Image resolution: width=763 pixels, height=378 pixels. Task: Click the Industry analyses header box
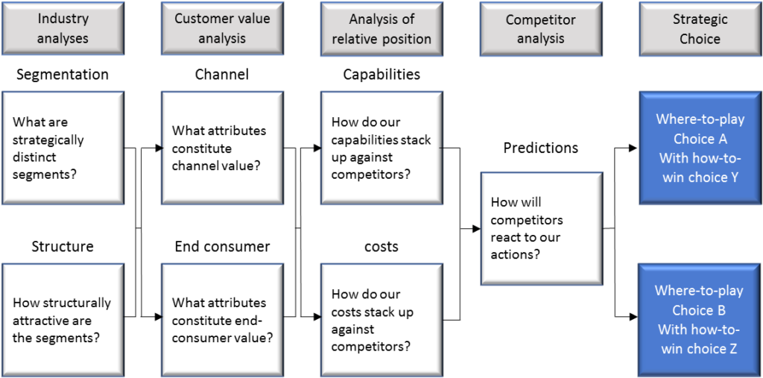click(x=63, y=28)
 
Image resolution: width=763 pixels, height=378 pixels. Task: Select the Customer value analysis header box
click(x=222, y=28)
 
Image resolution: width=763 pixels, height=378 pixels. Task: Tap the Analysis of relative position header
click(x=381, y=28)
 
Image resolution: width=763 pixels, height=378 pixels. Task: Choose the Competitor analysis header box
click(x=541, y=28)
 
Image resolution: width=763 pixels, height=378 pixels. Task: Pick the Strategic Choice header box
click(x=700, y=28)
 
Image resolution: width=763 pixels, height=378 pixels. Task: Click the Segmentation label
click(x=63, y=75)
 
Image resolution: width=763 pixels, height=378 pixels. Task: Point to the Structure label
click(x=63, y=247)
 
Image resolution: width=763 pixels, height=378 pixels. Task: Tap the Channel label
click(x=222, y=75)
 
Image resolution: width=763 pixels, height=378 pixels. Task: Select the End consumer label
click(x=222, y=247)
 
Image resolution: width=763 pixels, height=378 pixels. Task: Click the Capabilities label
click(x=381, y=75)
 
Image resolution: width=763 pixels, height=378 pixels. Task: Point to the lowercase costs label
click(x=381, y=247)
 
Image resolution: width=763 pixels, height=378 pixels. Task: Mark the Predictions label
click(x=541, y=148)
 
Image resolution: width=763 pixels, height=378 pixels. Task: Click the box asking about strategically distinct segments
click(x=63, y=148)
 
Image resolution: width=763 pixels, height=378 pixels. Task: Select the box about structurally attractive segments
click(x=63, y=320)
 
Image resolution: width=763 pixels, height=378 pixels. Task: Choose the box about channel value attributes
click(x=222, y=148)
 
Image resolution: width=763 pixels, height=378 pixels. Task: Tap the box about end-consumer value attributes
click(x=222, y=320)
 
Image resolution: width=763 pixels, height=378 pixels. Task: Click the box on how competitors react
click(x=541, y=228)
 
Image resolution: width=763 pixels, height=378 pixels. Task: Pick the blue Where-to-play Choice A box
click(x=700, y=148)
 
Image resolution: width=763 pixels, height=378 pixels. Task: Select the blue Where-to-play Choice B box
click(x=700, y=320)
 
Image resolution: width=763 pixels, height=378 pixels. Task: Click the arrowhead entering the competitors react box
click(x=475, y=228)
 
